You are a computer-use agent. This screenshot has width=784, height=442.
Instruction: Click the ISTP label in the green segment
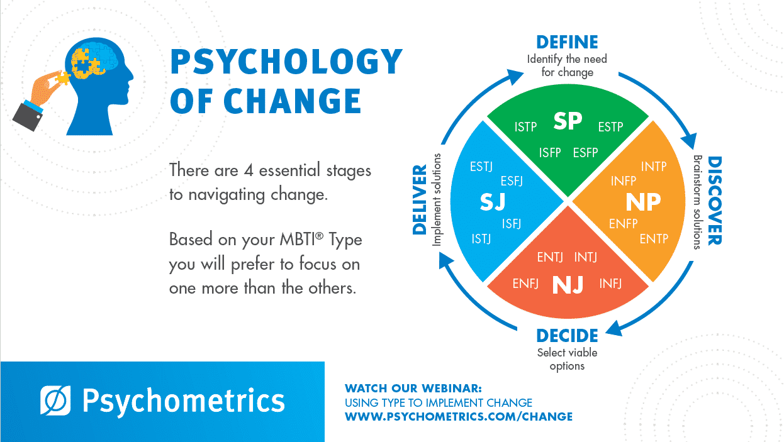coord(525,126)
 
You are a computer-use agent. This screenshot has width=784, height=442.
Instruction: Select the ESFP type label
coord(586,152)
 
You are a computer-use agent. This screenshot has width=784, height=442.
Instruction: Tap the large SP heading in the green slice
coord(568,121)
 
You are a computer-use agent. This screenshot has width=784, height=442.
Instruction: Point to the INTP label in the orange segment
coord(654,167)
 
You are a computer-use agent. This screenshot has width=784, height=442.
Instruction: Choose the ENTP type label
coord(654,239)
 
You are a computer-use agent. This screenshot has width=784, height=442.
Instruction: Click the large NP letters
coord(643,202)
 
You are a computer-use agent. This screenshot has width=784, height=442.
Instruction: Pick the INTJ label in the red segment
coord(586,257)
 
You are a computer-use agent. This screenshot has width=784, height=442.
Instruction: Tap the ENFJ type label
coord(525,283)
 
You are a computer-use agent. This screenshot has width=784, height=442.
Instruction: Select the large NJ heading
coord(568,285)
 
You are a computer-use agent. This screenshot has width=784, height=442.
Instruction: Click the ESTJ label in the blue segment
coord(481,167)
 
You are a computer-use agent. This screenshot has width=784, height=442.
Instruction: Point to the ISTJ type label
coord(481,239)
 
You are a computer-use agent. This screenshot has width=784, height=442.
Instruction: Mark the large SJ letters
coord(493,202)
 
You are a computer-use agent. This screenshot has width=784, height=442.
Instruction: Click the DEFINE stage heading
coord(567,42)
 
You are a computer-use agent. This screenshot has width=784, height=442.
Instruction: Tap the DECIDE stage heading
coord(567,336)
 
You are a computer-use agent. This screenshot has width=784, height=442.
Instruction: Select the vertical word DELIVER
coord(420,200)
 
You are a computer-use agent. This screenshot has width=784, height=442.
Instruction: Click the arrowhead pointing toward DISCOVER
coord(690,141)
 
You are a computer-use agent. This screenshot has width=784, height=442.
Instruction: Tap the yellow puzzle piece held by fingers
coord(62,78)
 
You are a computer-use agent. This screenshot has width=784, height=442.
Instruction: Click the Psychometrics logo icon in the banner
coord(55,401)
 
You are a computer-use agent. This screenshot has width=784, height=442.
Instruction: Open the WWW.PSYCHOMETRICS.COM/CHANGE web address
coord(459,416)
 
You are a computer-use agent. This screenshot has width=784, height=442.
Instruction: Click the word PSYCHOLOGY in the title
coord(286,61)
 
